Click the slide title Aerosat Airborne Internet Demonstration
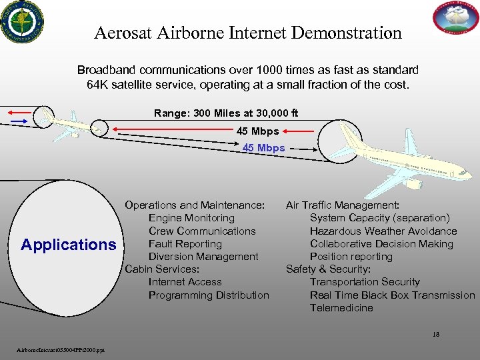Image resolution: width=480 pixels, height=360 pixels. pos(248,33)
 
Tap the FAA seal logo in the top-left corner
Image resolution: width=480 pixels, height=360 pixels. pos(21,21)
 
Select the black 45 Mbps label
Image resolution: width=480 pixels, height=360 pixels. pos(257,131)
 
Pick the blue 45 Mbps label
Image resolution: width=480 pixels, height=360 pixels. pos(263,148)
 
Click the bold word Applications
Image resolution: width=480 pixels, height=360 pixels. pos(68,245)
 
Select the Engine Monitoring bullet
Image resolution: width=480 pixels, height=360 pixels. pos(191,218)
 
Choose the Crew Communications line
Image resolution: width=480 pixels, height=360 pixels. pos(202,231)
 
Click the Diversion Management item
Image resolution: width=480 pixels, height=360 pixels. pos(203,257)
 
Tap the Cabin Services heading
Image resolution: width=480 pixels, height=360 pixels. pos(162,269)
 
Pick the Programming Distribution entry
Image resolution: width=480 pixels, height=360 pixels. pos(209,295)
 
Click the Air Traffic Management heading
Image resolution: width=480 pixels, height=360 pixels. pos(343,205)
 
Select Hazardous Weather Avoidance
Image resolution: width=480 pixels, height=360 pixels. pos(383,231)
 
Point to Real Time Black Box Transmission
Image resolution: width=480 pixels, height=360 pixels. pos(393,295)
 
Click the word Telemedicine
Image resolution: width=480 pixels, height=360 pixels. pos(341,308)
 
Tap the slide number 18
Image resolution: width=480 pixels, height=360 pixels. pos(436,335)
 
